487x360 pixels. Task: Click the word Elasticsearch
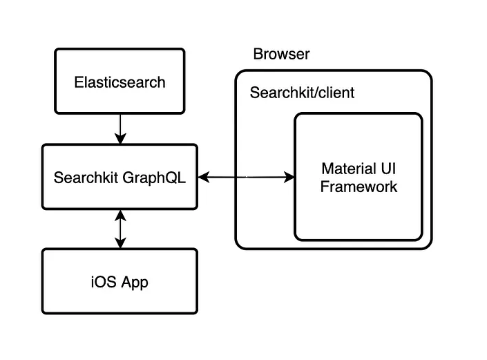coord(120,82)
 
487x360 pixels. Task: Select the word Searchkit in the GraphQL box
coord(86,177)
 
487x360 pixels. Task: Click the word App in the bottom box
coord(135,283)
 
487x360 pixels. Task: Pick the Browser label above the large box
coord(281,55)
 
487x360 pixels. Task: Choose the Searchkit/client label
coord(302,93)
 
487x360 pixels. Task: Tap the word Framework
coord(359,187)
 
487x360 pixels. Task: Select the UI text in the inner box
coord(388,169)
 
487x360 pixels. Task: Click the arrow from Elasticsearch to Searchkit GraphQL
coord(120,129)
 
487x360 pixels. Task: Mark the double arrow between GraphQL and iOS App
coord(120,229)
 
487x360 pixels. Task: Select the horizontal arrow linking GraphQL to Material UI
coord(246,178)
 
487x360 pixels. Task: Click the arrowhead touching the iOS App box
coord(120,243)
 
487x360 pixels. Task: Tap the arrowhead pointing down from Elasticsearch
coord(120,140)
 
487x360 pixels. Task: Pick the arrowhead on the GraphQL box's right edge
coord(203,178)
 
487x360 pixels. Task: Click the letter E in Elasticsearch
coord(78,82)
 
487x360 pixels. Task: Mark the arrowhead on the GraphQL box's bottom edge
coord(120,215)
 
